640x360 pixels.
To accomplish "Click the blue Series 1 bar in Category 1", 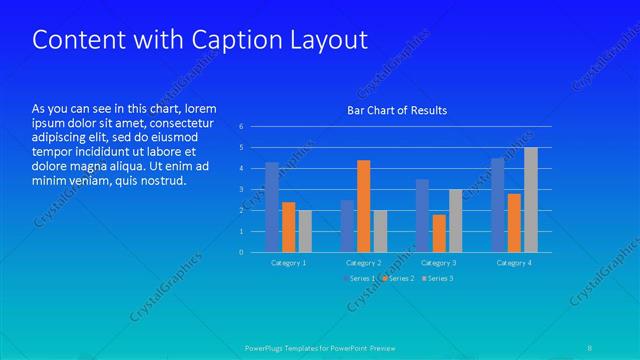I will coord(272,207).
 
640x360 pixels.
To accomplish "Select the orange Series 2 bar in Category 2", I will coord(363,206).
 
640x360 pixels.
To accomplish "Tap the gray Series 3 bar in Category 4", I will coord(531,200).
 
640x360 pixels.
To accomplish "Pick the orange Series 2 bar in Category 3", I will coord(439,233).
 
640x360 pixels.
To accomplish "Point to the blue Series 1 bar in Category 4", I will coord(497,205).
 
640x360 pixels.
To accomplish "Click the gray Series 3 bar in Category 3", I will coord(455,221).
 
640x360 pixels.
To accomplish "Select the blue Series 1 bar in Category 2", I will coord(347,226).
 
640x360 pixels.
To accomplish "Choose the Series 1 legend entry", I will coord(359,278).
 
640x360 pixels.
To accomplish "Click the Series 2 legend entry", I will coord(398,278).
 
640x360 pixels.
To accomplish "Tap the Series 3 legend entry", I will coord(437,278).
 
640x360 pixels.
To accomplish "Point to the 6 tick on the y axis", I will coord(241,126).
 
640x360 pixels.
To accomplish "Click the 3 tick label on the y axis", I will coord(241,189).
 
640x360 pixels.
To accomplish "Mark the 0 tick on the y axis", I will coord(241,252).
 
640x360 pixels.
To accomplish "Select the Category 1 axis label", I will coord(289,262).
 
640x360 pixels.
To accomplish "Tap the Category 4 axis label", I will coord(513,262).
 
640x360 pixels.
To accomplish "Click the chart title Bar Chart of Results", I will coord(397,110).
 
